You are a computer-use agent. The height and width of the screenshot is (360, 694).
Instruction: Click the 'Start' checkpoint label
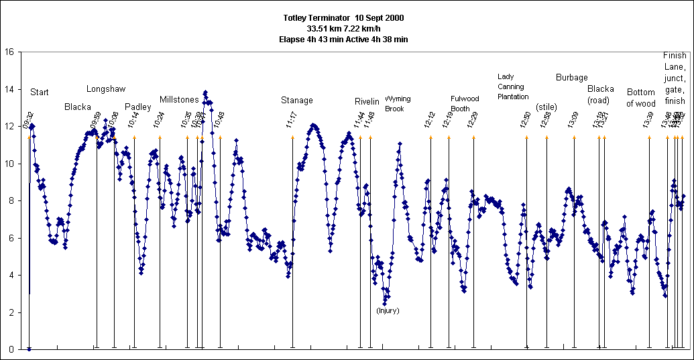40,92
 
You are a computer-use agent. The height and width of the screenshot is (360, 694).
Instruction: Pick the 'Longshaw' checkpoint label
106,89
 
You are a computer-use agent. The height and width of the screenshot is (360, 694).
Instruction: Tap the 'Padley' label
138,107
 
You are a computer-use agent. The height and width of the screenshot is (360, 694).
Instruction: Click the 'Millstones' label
179,100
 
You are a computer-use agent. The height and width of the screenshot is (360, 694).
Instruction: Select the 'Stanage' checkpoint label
297,101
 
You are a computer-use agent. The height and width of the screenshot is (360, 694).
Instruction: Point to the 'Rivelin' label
367,102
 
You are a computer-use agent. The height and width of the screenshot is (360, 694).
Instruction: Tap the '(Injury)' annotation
388,310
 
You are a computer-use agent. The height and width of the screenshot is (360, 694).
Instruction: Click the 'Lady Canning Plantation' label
513,86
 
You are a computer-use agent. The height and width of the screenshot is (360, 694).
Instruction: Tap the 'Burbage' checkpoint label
572,78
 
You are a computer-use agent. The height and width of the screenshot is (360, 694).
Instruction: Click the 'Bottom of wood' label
641,98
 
